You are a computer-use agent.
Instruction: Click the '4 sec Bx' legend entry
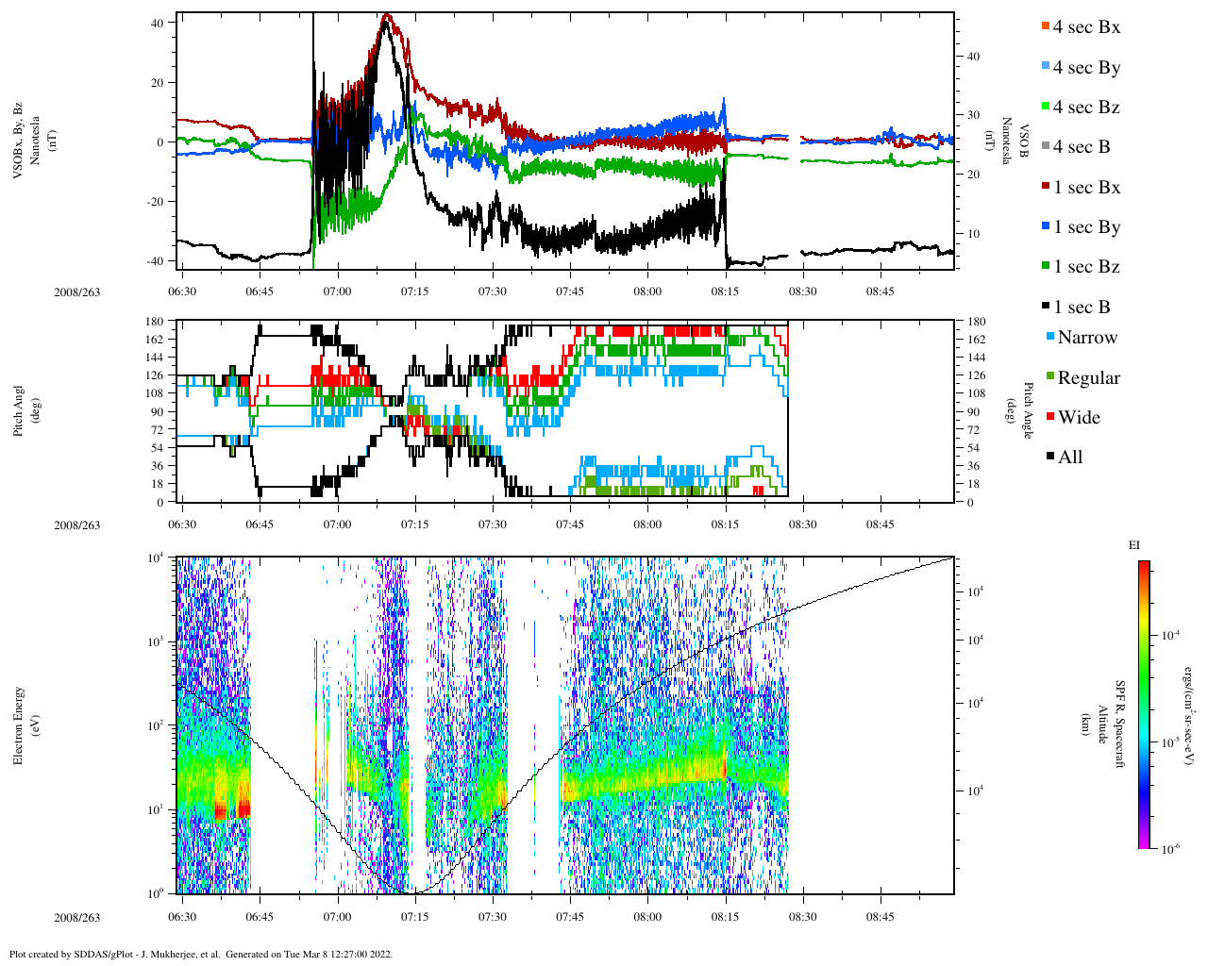[x=1085, y=27]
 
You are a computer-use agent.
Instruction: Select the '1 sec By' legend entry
[x=1085, y=227]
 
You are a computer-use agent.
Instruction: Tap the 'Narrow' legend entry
[x=1086, y=338]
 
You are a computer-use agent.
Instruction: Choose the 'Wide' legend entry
[x=1078, y=418]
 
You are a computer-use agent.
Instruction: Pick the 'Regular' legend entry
[x=1088, y=378]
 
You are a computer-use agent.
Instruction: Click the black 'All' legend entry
[x=1069, y=458]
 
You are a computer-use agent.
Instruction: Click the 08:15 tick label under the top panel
[x=726, y=291]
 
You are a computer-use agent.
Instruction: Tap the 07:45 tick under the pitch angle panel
[x=570, y=525]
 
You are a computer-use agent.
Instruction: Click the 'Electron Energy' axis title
[x=19, y=724]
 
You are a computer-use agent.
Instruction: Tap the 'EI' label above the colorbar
[x=1133, y=545]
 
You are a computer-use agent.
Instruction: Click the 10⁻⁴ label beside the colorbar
[x=1169, y=635]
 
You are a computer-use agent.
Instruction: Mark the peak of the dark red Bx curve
[x=386, y=16]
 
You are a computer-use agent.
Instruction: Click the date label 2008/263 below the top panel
[x=76, y=291]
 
